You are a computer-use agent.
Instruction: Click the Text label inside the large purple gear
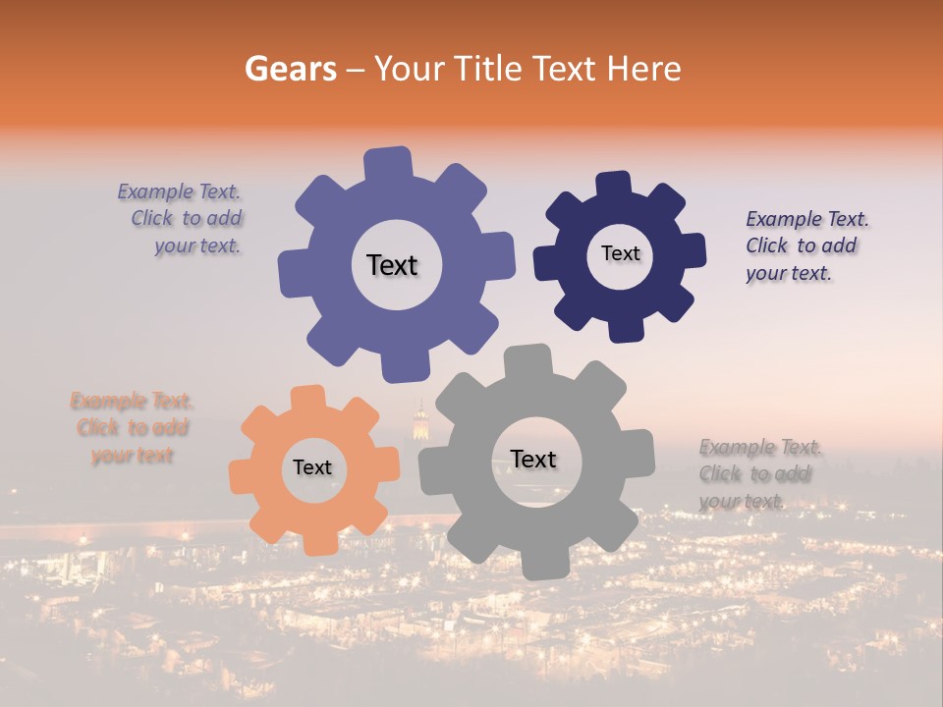pyautogui.click(x=392, y=265)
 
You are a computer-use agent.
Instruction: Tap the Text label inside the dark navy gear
pyautogui.click(x=620, y=253)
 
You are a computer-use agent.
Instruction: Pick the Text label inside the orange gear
pyautogui.click(x=312, y=468)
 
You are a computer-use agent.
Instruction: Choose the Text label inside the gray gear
pyautogui.click(x=533, y=459)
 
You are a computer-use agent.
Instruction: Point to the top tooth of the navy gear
pyautogui.click(x=614, y=185)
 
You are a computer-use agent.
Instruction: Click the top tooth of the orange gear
pyautogui.click(x=307, y=397)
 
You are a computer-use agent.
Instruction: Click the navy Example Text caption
pyautogui.click(x=805, y=245)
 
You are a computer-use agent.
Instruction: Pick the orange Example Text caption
pyautogui.click(x=132, y=427)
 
